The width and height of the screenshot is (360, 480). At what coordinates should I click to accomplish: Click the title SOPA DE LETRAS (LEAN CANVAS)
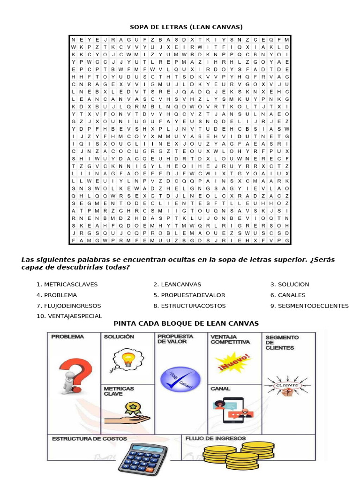[x=186, y=27]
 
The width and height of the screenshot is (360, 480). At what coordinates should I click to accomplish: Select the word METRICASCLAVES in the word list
[x=70, y=285]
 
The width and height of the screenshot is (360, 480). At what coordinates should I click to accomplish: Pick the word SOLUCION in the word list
[x=293, y=285]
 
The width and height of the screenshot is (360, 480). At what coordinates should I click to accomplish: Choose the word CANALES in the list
[x=292, y=295]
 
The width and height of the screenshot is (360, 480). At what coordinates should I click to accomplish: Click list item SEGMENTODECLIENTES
[x=313, y=306]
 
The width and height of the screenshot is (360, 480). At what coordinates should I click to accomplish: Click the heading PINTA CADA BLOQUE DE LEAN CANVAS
[x=186, y=324]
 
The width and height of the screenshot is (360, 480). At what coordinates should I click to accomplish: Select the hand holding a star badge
[x=127, y=412]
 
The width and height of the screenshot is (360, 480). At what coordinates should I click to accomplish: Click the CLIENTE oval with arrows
[x=287, y=385]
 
